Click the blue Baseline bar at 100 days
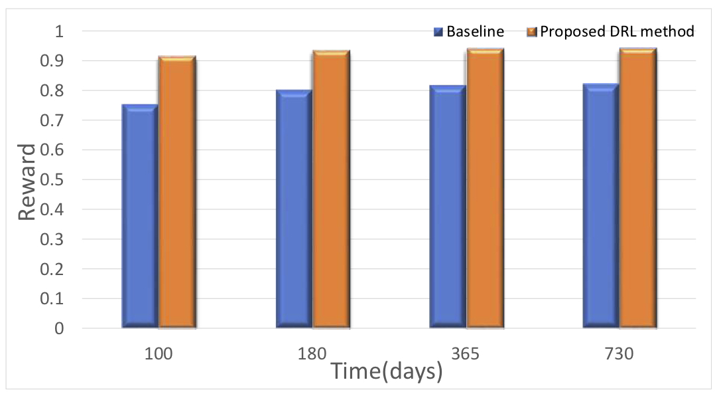point(140,216)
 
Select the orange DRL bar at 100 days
point(177,193)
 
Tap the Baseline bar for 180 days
point(294,209)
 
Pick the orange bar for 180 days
point(331,189)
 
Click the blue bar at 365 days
point(448,207)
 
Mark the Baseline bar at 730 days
point(601,206)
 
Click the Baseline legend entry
point(468,31)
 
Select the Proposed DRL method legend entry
point(611,31)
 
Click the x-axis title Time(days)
point(387,371)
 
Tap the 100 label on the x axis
point(159,353)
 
